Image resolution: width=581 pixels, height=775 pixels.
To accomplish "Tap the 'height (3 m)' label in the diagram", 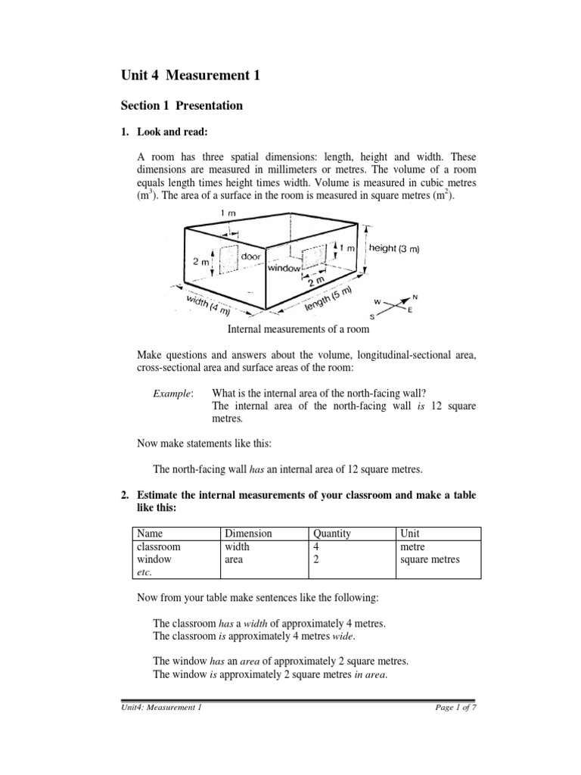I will point(395,248).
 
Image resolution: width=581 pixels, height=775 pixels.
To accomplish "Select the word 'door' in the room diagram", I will point(251,257).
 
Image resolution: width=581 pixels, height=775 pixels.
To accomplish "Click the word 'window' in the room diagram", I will point(284,268).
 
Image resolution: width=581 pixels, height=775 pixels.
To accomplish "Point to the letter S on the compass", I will point(371,316).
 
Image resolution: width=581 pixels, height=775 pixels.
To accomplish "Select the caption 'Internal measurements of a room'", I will point(298,329).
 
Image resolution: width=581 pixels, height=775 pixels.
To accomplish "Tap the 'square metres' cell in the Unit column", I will point(429,559).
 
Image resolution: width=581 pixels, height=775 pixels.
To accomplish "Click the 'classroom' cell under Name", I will point(160,546).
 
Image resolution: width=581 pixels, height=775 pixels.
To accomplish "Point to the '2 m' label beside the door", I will point(202,261).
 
